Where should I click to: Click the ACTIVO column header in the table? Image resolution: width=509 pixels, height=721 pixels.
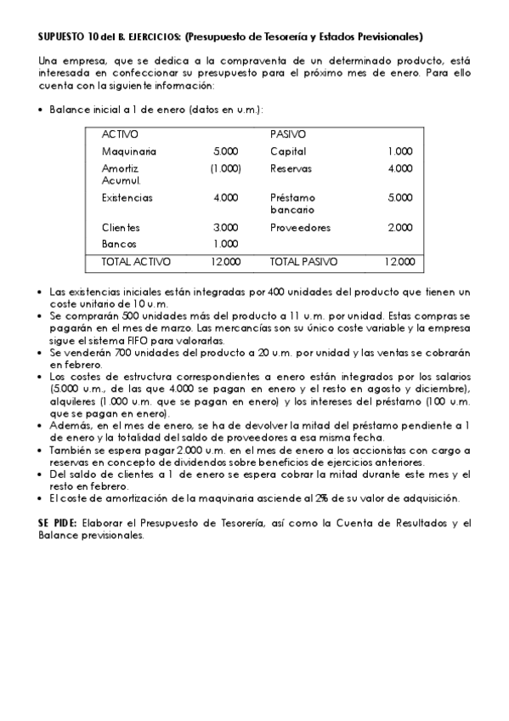[x=120, y=134]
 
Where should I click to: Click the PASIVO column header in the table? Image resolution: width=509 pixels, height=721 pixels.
[x=288, y=134]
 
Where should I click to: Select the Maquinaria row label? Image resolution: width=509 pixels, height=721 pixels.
[x=128, y=151]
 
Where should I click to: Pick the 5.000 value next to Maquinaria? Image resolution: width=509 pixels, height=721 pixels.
[x=226, y=151]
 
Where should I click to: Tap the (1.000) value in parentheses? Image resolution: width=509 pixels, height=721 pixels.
[x=225, y=168]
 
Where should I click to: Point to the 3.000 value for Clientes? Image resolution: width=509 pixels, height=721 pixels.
[x=226, y=228]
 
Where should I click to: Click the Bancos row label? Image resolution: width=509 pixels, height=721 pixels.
[x=119, y=244]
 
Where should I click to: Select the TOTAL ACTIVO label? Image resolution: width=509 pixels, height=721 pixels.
[x=136, y=262]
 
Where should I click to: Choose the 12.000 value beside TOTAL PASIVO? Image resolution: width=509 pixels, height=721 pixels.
[x=398, y=262]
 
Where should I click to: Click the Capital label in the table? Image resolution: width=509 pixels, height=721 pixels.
[x=288, y=151]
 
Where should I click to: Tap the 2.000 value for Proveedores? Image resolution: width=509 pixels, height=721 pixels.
[x=399, y=228]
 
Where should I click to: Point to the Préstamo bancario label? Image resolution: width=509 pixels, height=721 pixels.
[x=292, y=203]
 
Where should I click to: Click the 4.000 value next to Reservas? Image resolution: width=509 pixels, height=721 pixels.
[x=399, y=168]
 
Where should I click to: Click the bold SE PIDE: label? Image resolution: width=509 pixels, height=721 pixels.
[x=57, y=523]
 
